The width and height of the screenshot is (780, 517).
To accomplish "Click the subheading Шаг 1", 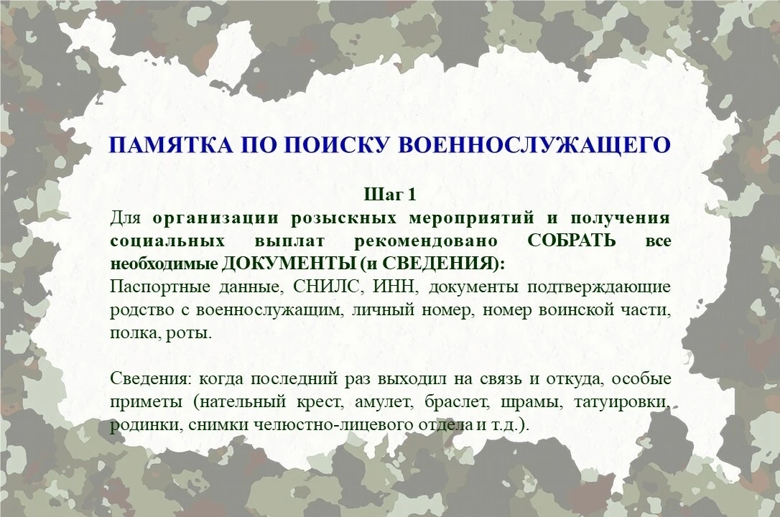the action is pos(390,195).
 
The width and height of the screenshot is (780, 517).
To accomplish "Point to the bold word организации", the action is pos(215,218).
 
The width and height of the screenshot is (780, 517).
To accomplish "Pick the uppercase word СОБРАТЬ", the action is pos(572,241).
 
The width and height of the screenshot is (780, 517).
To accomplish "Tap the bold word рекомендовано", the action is pos(426,241).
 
